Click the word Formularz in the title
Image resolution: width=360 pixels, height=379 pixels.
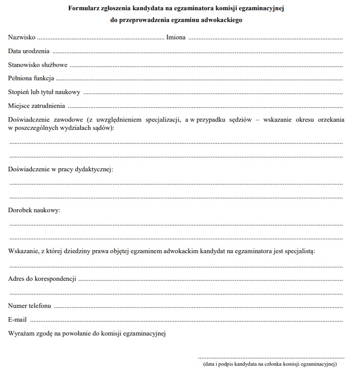click(83, 9)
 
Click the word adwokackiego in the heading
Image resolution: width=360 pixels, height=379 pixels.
click(221, 20)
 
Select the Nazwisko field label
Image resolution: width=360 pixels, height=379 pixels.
click(22, 37)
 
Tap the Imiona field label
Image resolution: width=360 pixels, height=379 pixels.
click(176, 37)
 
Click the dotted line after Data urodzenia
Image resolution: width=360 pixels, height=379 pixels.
click(197, 52)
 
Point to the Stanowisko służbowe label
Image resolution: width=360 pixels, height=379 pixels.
click(38, 65)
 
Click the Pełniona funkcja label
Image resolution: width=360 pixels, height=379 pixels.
click(31, 79)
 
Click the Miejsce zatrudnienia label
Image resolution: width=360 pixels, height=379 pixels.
click(36, 106)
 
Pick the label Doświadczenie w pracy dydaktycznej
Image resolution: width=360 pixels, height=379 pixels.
click(60, 169)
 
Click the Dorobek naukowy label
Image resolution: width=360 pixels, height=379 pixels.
click(34, 210)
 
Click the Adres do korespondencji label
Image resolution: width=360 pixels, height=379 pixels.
click(43, 279)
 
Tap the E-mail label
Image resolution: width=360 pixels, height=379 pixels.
click(17, 320)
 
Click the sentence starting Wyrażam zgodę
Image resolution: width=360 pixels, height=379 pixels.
click(87, 334)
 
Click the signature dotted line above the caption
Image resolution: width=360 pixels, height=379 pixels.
click(271, 358)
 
